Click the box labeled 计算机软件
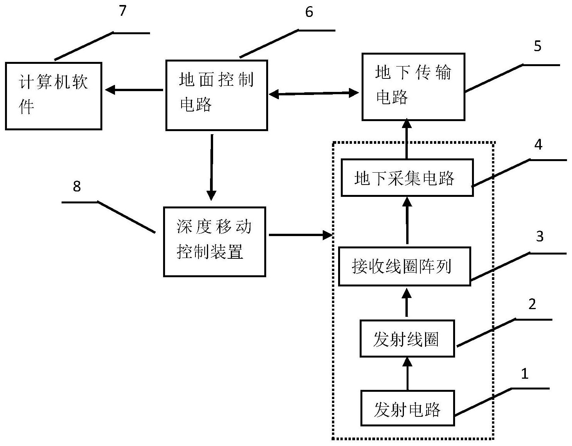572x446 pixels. coord(53,96)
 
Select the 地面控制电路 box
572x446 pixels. coord(217,95)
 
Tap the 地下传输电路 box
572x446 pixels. coord(413,87)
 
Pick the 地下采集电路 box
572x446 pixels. coord(407,178)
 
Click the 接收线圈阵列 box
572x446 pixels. coord(404,266)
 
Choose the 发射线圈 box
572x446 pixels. coord(407,339)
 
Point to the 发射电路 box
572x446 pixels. coord(407,408)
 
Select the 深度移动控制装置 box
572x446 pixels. coord(214,241)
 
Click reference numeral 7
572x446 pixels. coord(122,11)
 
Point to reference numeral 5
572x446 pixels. coord(537,46)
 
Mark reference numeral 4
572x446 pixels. coord(538,145)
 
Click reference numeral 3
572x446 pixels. coord(539,236)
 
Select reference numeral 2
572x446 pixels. coord(532,304)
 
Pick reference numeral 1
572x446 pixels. coord(525,373)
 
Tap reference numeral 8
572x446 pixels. coord(77,186)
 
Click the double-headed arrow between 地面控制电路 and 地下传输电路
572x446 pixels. coord(314,93)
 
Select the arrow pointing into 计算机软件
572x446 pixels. coord(133,90)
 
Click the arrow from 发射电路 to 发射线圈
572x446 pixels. coord(407,374)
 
